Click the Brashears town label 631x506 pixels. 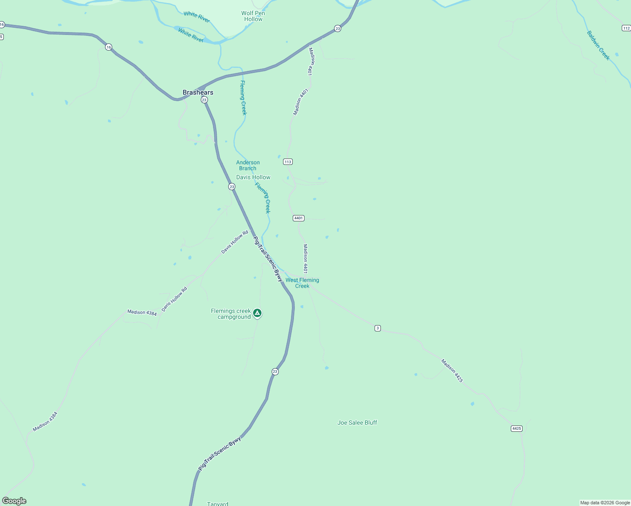point(198,92)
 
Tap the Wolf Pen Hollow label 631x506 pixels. point(253,16)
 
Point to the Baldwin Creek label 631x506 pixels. point(599,45)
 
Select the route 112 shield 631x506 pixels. point(626,28)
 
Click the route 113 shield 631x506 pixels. point(288,162)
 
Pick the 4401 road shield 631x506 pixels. point(299,218)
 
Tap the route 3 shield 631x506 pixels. point(378,328)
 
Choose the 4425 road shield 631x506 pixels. point(517,428)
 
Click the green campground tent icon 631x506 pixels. point(257,313)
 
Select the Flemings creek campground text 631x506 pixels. point(231,314)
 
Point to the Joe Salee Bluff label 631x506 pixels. point(357,423)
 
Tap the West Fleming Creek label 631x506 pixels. point(302,283)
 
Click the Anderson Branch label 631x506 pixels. point(248,165)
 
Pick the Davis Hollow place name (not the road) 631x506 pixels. point(253,177)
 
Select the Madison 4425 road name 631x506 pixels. point(452,371)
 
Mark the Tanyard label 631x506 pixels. point(218,503)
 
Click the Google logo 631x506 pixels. point(14,501)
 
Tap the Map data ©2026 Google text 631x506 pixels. point(605,503)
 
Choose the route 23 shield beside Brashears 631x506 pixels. point(204,100)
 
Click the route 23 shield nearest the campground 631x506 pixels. point(275,371)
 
